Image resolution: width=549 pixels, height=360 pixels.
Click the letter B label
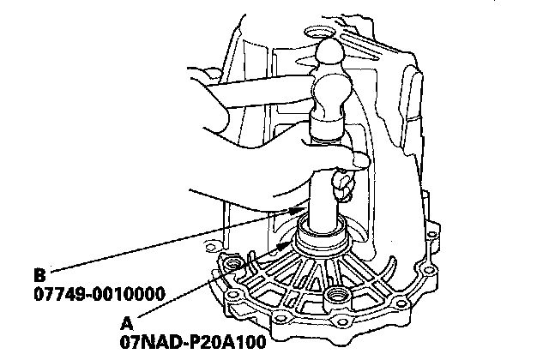tap(39, 277)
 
